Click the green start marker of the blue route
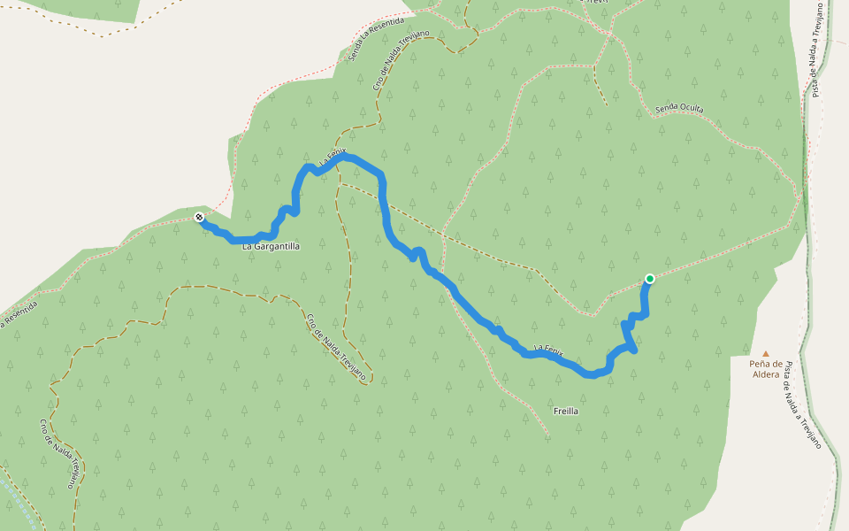tap(650, 279)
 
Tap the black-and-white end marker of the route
tap(200, 217)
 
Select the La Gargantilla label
tap(271, 247)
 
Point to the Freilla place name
tap(566, 411)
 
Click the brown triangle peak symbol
tap(766, 353)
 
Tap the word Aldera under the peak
tap(766, 374)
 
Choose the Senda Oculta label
tap(679, 109)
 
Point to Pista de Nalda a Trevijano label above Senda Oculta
tap(818, 50)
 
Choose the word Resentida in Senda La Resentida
tap(388, 30)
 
